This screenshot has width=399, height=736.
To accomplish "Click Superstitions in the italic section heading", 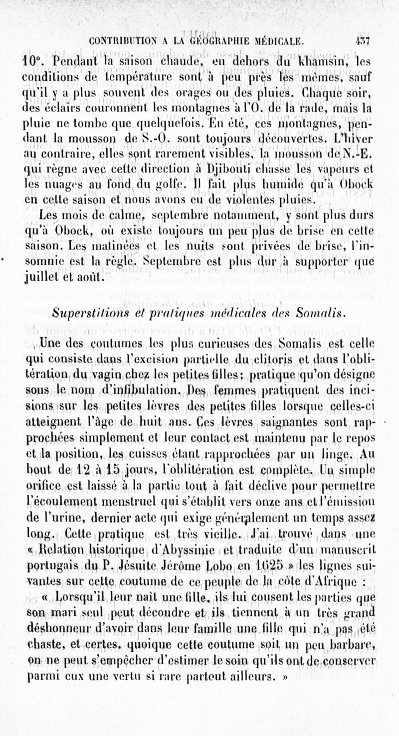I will click(x=94, y=312).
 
